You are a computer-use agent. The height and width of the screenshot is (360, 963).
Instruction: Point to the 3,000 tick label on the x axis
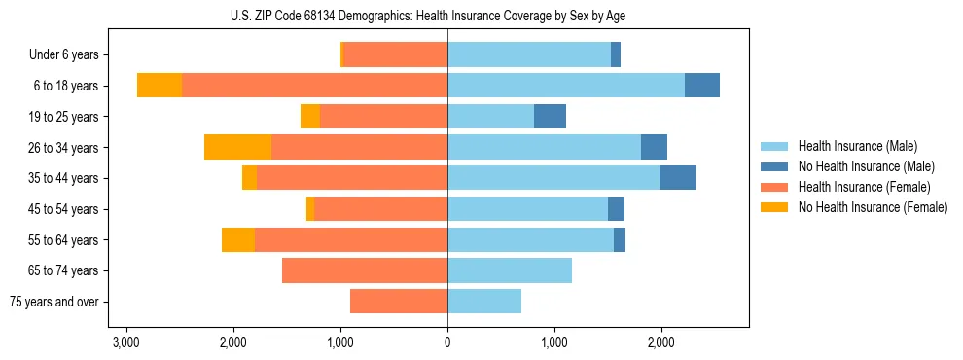point(125,342)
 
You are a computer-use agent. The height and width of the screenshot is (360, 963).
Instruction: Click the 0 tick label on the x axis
point(447,342)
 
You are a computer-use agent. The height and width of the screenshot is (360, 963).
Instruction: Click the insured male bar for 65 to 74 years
point(510,270)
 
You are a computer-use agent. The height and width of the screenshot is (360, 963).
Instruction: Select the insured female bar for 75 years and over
point(399,302)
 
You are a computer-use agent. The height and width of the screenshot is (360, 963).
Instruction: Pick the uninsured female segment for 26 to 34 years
point(237,147)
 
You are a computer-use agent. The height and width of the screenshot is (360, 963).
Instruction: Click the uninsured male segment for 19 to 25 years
point(550,117)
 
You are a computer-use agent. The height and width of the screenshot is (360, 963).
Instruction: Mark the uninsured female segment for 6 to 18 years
point(160,86)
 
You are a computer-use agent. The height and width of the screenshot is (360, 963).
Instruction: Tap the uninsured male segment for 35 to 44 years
point(678,178)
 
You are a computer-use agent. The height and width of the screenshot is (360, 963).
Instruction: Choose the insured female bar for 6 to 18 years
point(314,86)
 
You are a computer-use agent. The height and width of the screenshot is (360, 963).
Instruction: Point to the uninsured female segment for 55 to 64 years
point(238,239)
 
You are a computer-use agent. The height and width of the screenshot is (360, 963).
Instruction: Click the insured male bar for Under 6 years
point(529,55)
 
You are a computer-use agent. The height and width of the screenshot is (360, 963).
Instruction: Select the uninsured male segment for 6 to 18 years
point(702,86)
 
